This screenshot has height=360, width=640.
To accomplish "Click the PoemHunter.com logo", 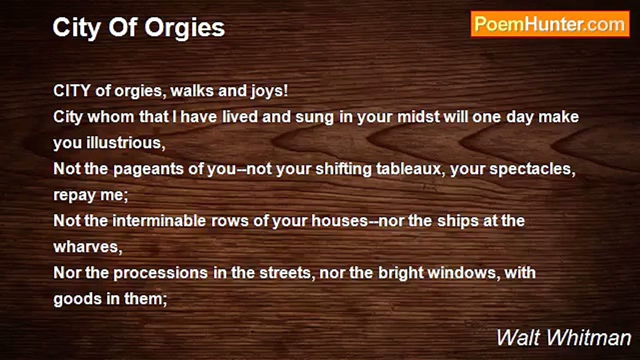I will point(550,24).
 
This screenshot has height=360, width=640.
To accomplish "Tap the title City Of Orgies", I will point(138,27).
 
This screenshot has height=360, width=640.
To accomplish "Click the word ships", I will point(456,221).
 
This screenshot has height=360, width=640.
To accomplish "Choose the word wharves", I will point(87,247).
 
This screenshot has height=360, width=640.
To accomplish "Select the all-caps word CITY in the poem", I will point(71,91).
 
